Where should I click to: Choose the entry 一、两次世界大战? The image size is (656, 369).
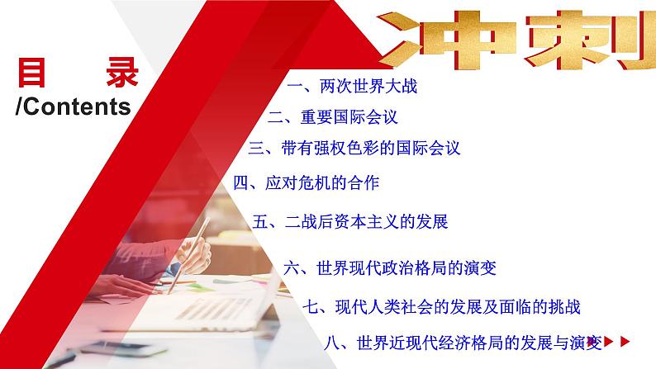346,86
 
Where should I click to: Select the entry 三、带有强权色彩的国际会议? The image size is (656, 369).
354,149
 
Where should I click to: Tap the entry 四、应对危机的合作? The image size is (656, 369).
306,182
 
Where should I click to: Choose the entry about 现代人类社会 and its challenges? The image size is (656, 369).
441,307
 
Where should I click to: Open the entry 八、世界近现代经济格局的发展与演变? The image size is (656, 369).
467,340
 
